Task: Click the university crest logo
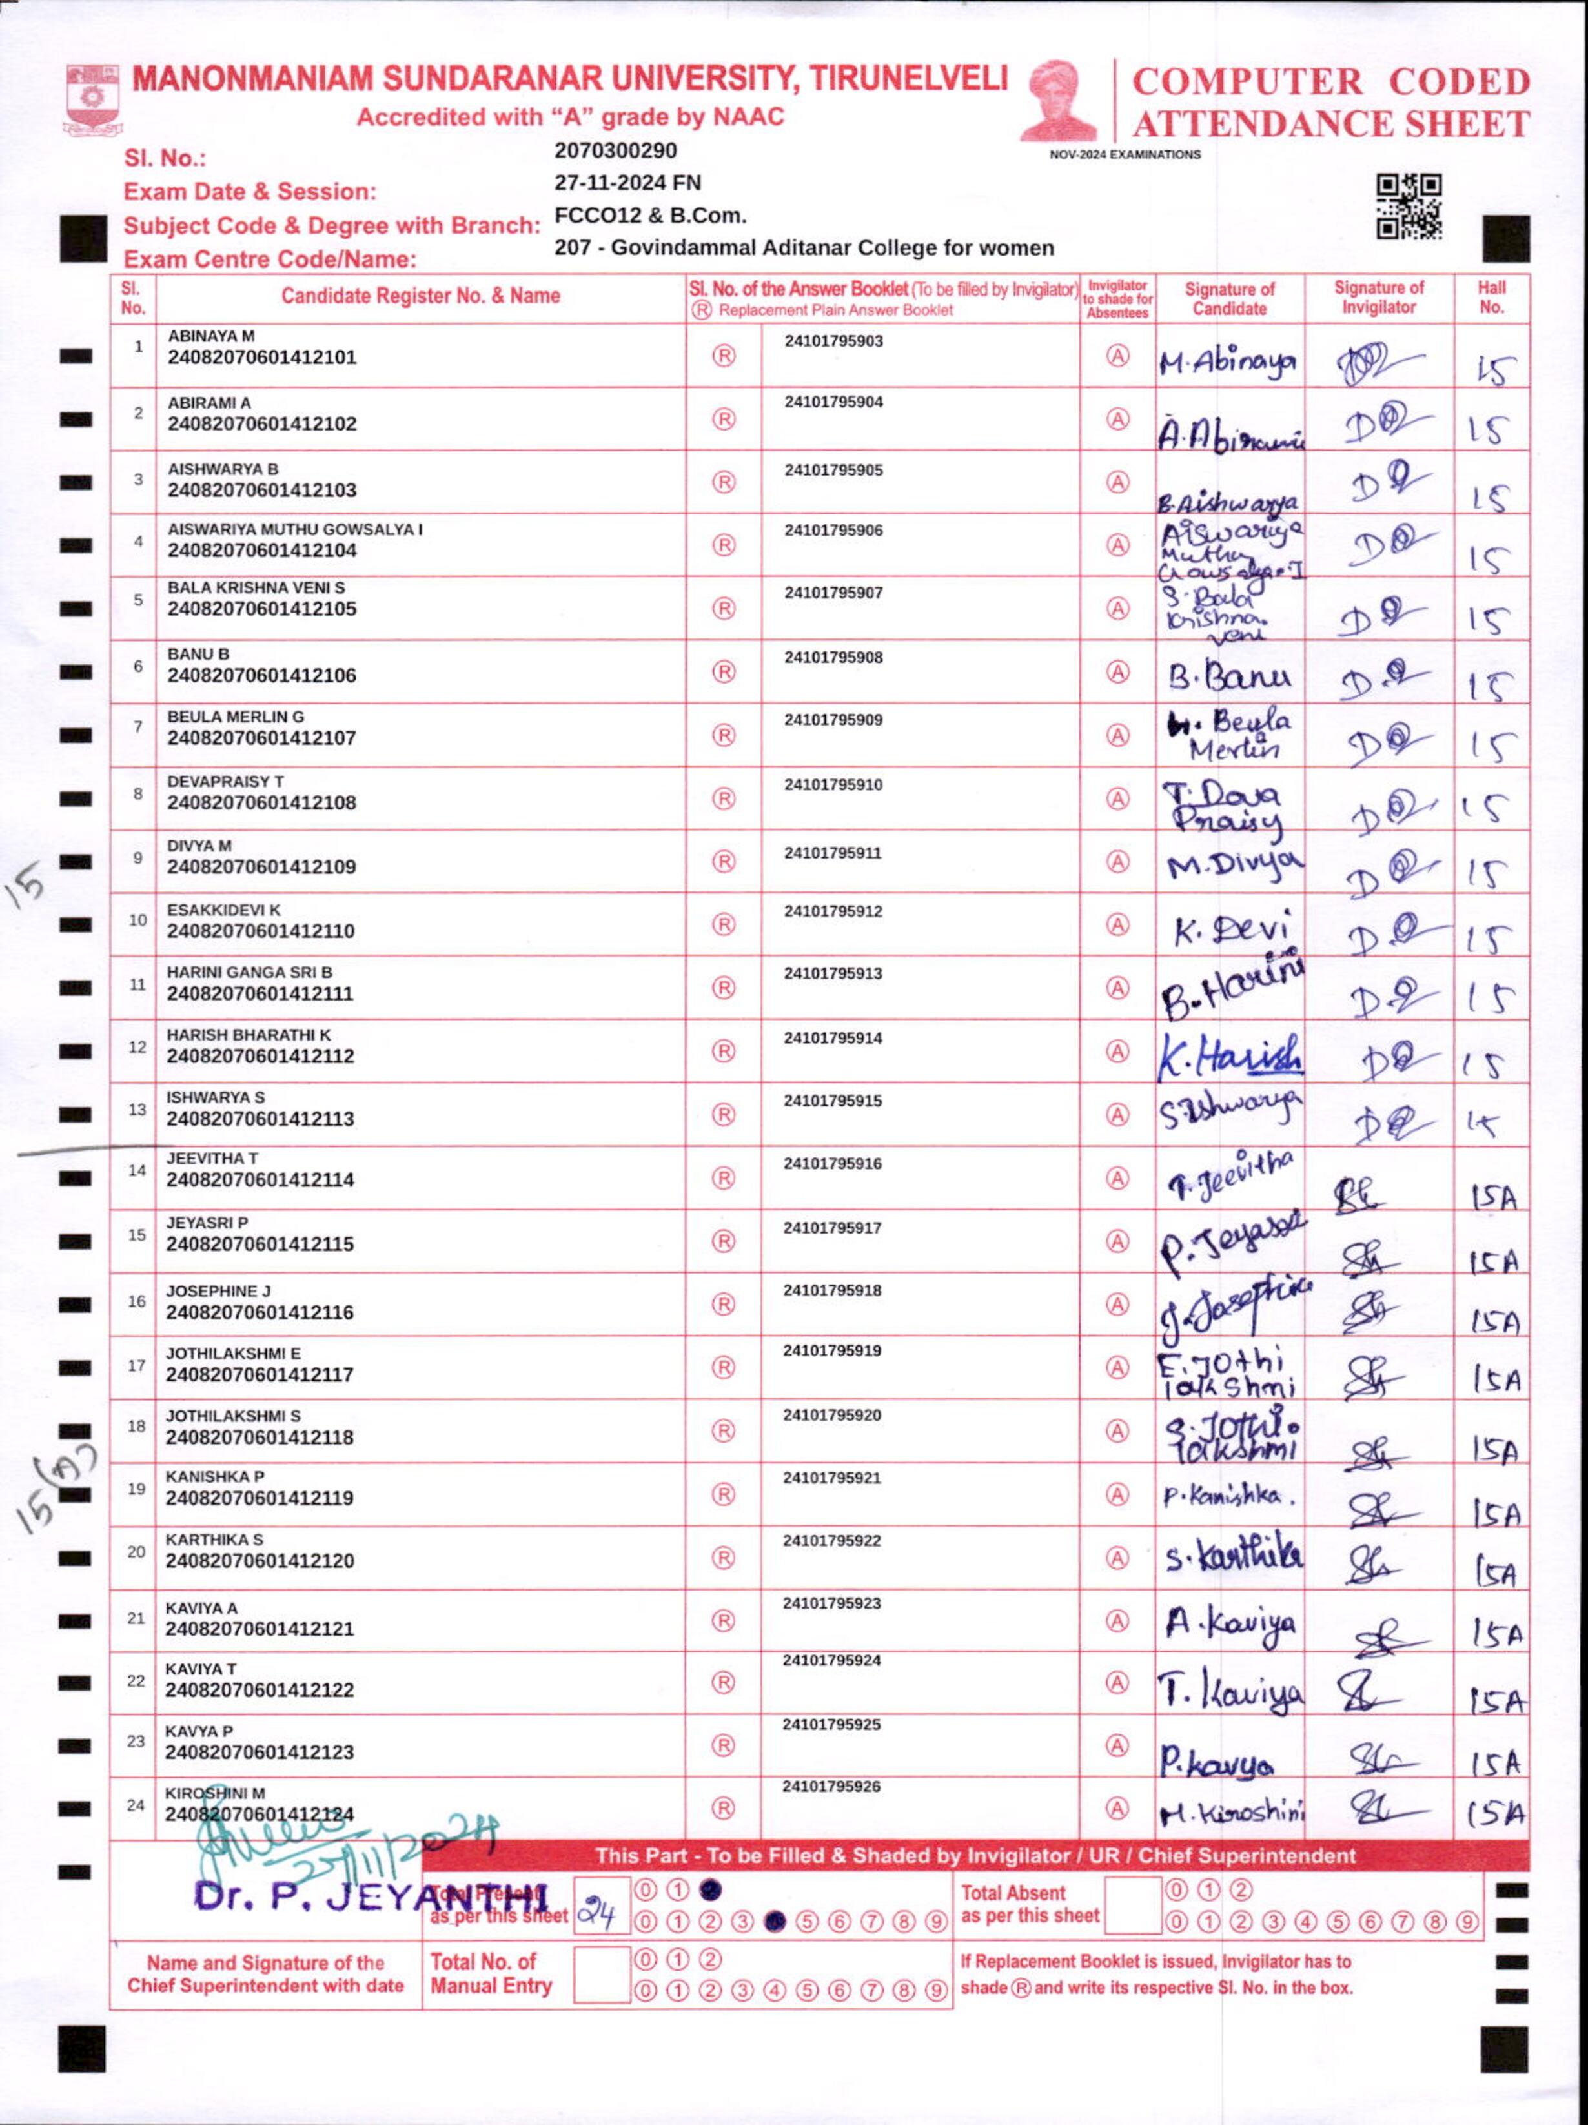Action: point(92,99)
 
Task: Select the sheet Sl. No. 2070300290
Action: point(616,151)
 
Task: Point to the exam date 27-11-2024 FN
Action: point(627,183)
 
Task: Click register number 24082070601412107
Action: point(261,738)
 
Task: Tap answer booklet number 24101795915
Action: point(832,1101)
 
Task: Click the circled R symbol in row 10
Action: point(724,924)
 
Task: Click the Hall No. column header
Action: point(1491,298)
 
